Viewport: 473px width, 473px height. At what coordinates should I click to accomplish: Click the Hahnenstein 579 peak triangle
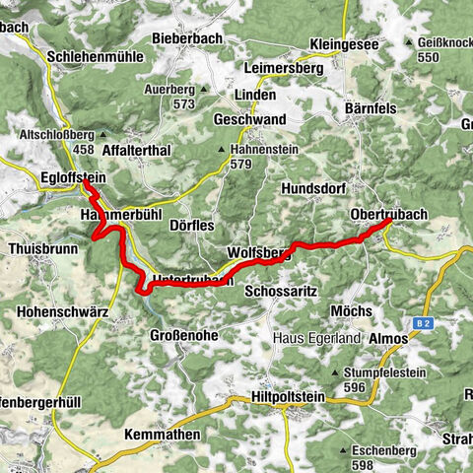[221, 150]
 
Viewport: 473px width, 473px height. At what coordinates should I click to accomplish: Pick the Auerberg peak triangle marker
[202, 89]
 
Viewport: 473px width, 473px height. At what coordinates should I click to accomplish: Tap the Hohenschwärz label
[62, 310]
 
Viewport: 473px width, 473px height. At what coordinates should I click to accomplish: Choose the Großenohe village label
[183, 336]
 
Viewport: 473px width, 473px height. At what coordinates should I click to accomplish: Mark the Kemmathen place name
[164, 435]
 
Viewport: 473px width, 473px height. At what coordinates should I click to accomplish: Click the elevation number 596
[356, 387]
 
